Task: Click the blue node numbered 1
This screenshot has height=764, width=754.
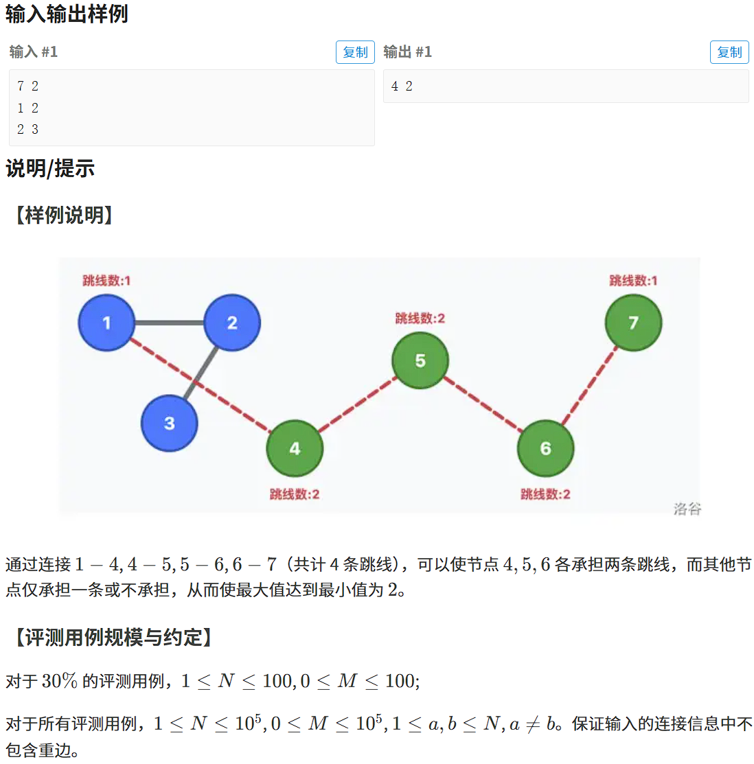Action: point(106,323)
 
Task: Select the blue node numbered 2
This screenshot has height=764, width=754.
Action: point(232,323)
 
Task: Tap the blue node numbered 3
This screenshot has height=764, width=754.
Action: point(169,424)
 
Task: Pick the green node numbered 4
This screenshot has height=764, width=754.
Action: point(295,448)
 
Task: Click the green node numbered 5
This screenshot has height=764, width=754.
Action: point(420,360)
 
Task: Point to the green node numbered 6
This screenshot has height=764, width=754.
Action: point(545,448)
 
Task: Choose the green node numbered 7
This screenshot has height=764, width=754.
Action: point(633,323)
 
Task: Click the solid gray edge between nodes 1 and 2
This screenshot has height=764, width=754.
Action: point(170,323)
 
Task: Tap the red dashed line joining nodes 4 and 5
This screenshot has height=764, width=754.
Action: point(357,404)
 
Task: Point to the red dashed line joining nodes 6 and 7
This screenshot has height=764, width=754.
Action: point(589,386)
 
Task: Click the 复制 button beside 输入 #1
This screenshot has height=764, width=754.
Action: point(355,52)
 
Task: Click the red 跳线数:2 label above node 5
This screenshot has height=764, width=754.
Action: point(420,318)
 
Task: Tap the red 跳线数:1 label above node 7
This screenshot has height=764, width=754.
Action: point(633,280)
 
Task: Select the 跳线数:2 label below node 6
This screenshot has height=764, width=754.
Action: point(545,494)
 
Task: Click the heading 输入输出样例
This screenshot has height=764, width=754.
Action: point(67,14)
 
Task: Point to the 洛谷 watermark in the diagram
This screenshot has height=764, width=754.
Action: point(687,509)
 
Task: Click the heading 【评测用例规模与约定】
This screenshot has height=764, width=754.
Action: point(113,637)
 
